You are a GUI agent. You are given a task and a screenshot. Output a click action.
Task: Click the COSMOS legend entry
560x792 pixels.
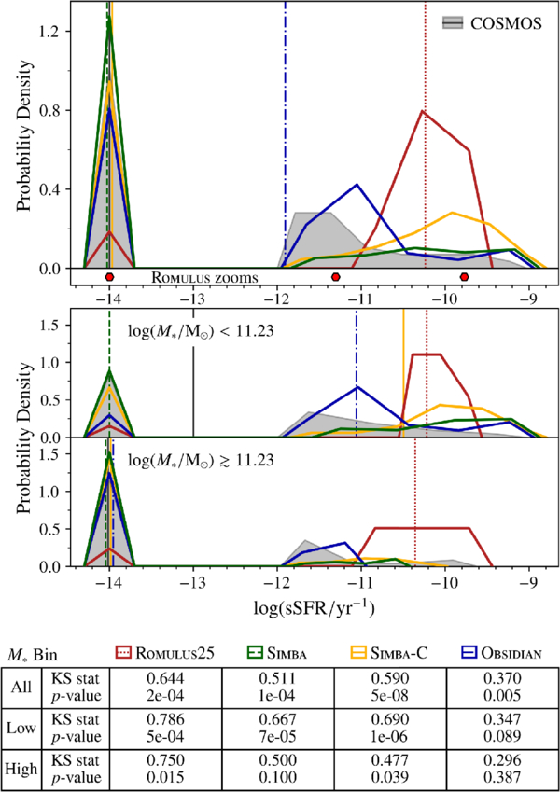coord(492,23)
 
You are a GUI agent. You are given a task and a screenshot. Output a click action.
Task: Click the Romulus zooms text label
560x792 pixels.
coord(204,277)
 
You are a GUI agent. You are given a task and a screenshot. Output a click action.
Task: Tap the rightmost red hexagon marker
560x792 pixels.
coord(464,277)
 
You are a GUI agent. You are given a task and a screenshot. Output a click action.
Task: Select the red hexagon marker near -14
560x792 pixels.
coord(109,277)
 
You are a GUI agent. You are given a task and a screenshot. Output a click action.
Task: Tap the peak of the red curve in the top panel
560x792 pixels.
coord(423,111)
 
